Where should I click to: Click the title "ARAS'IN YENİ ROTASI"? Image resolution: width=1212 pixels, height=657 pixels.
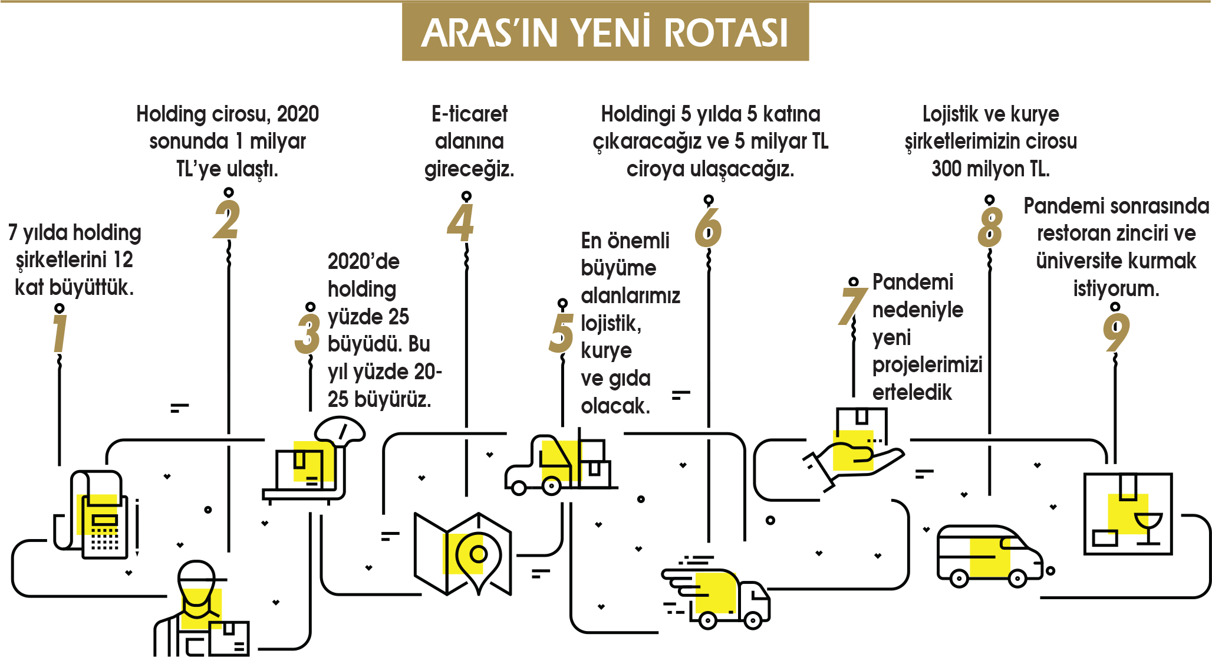click(x=605, y=32)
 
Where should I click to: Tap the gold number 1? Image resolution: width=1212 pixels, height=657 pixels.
click(x=59, y=333)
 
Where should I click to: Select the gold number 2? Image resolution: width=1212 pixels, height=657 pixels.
click(x=227, y=220)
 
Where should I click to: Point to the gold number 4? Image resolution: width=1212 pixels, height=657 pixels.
click(x=461, y=223)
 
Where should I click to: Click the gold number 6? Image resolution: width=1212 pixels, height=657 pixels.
click(x=708, y=228)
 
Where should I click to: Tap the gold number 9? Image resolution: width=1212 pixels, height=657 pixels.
click(x=1115, y=332)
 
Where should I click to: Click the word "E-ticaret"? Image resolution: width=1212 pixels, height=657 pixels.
click(x=469, y=114)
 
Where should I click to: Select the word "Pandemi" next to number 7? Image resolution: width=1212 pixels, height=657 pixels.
click(x=913, y=282)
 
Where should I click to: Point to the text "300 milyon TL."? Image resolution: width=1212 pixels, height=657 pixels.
click(x=990, y=169)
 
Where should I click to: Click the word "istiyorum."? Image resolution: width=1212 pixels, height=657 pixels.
click(x=1116, y=289)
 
